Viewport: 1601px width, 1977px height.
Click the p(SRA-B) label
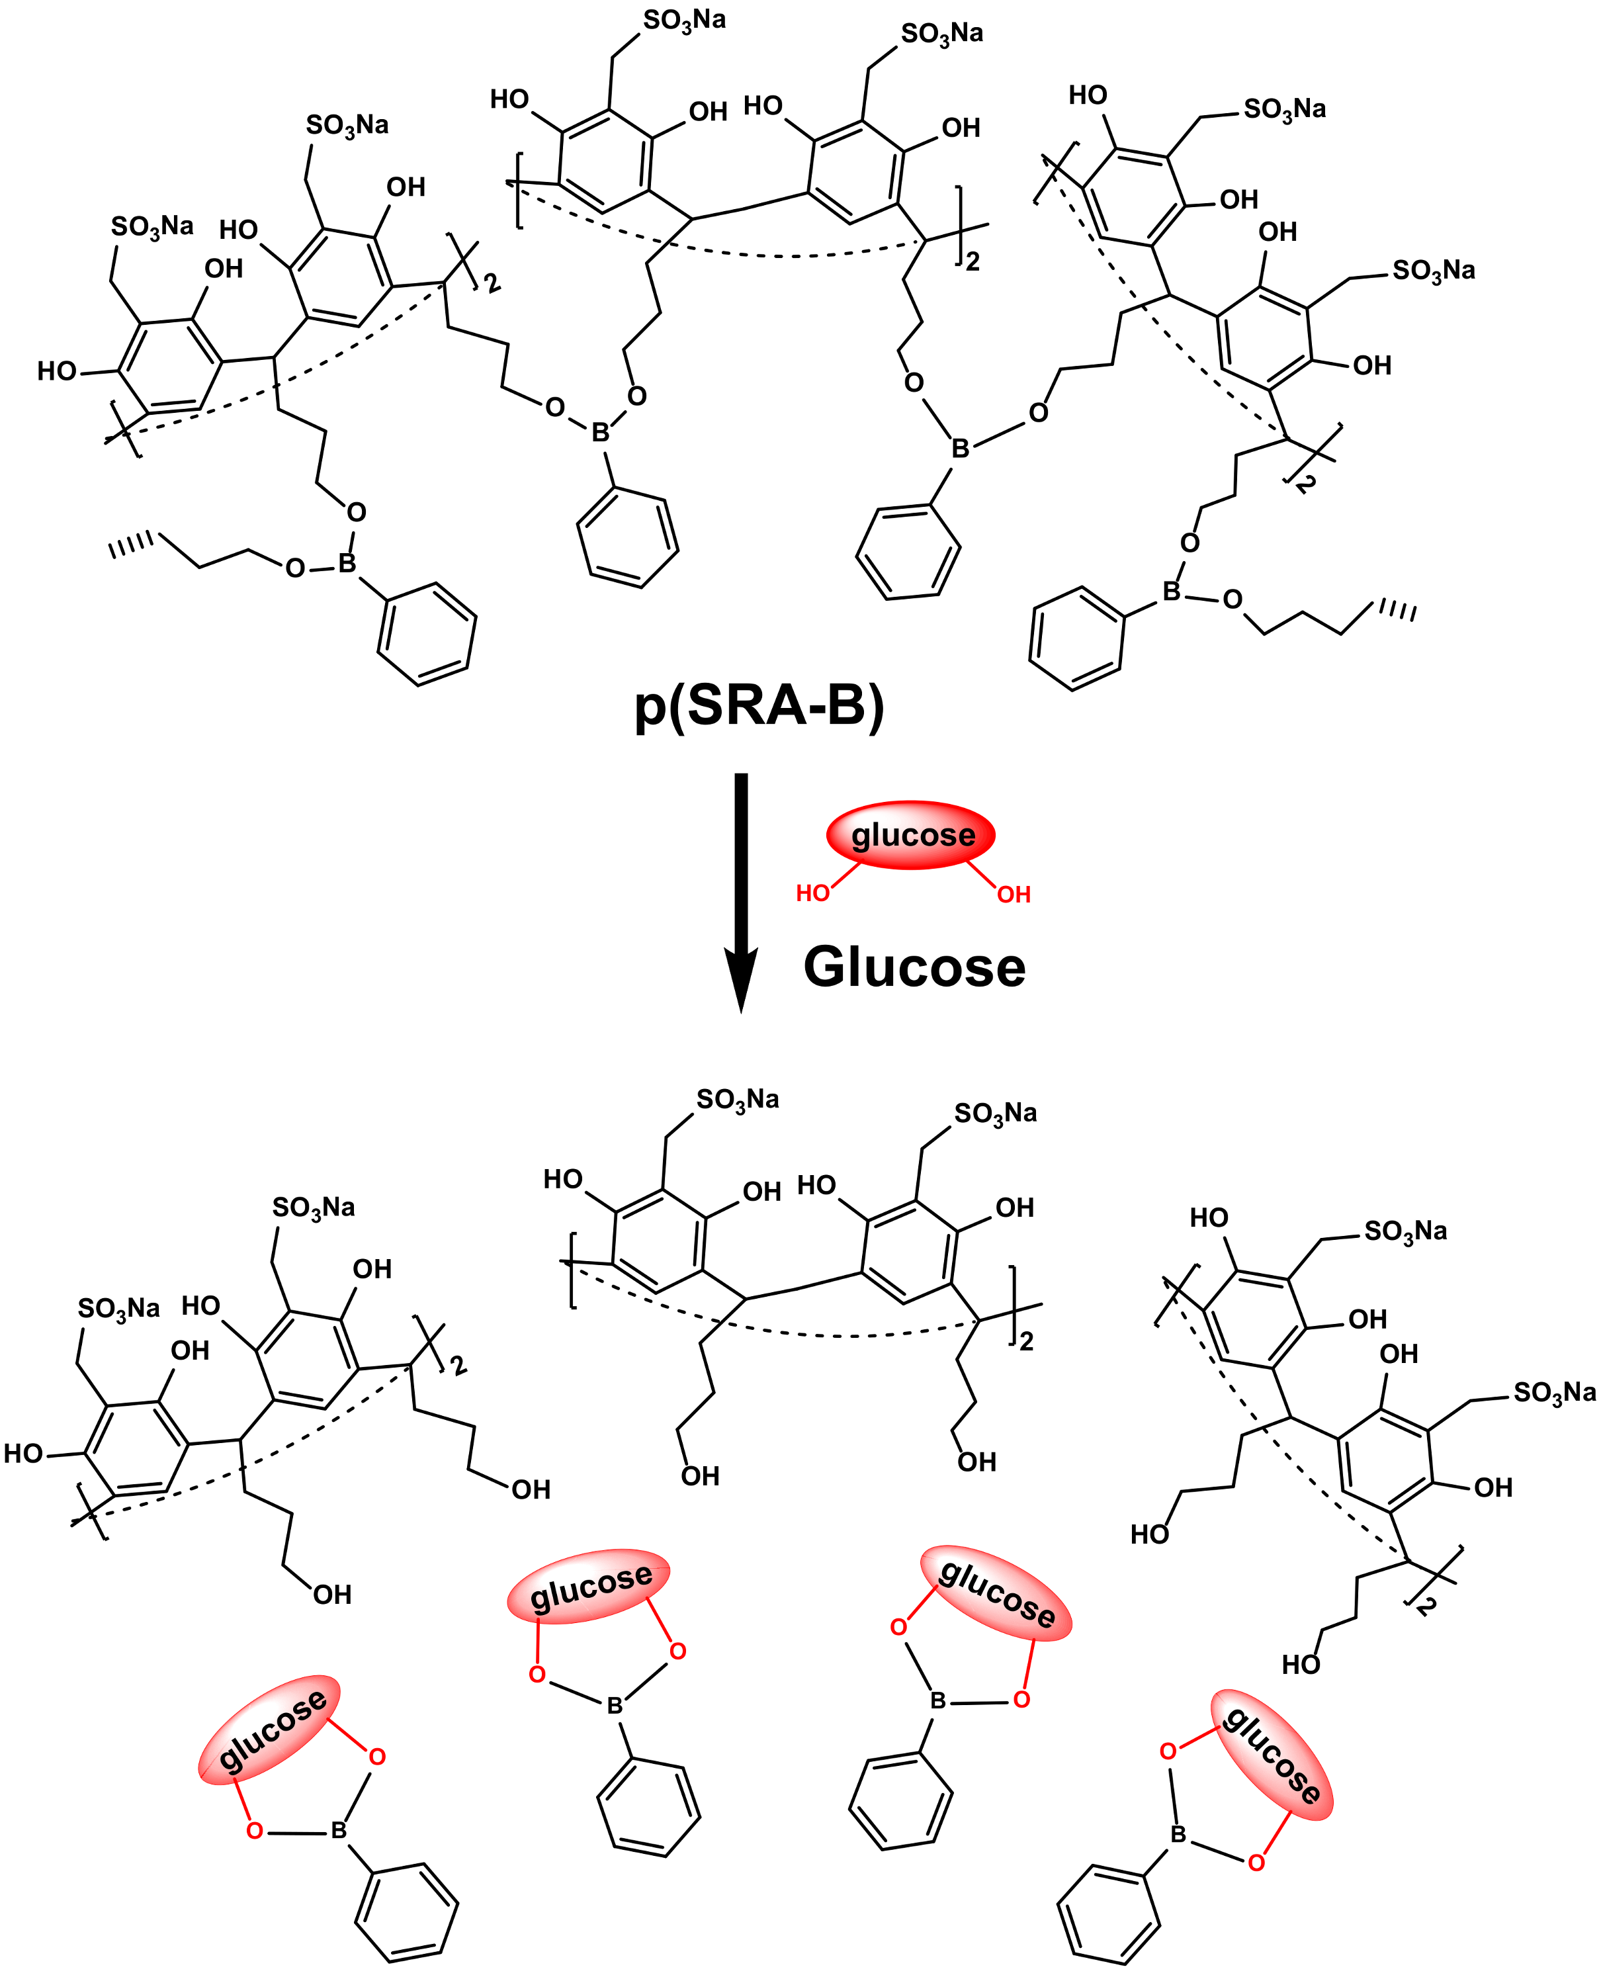759,707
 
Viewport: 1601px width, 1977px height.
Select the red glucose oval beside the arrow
911,834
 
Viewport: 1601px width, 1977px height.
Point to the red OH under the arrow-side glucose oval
1014,893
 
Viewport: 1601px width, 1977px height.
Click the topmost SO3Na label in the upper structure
683,21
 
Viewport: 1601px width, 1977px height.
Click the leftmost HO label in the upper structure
56,371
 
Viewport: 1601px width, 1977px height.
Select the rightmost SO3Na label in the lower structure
1554,1391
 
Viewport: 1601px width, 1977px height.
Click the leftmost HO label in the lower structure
23,1454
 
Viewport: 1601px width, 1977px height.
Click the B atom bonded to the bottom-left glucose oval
339,1830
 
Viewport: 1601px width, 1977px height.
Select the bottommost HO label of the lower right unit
1301,1665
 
